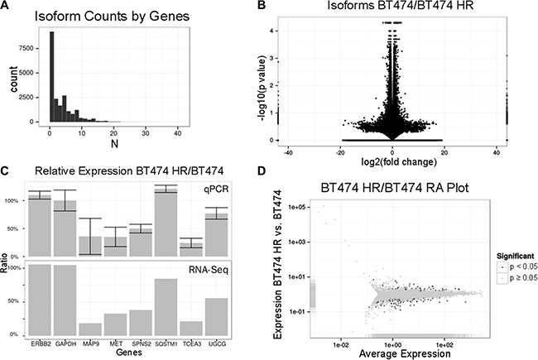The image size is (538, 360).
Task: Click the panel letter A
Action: click(x=7, y=7)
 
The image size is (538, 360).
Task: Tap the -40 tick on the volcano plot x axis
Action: click(x=310, y=149)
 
